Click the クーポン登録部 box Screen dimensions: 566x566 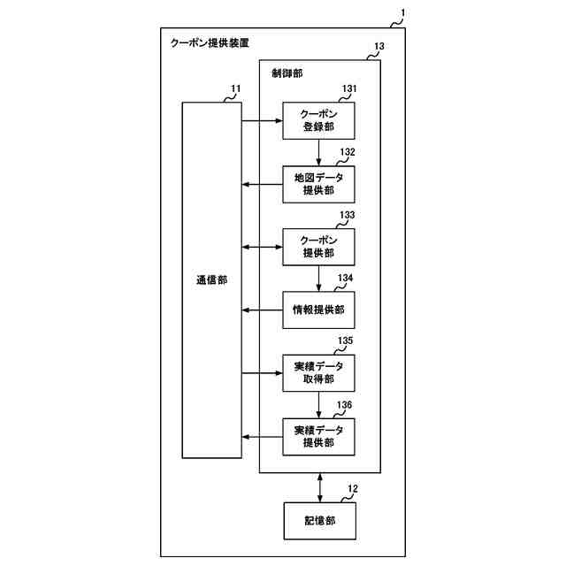(x=318, y=121)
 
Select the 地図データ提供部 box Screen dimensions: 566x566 (x=318, y=184)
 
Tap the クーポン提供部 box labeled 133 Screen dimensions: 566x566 (x=318, y=247)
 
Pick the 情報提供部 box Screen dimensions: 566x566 (x=318, y=310)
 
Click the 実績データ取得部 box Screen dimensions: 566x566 (x=318, y=373)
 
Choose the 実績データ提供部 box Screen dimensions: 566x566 (x=318, y=436)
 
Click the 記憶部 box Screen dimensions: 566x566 (x=318, y=521)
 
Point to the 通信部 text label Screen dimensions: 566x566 (x=211, y=280)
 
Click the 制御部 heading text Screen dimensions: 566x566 (x=287, y=73)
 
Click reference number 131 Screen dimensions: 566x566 (x=348, y=89)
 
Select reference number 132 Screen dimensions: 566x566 (x=348, y=152)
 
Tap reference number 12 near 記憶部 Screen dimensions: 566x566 (x=353, y=489)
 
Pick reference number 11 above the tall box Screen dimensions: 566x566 (x=235, y=89)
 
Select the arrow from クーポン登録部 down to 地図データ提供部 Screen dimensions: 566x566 (x=318, y=152)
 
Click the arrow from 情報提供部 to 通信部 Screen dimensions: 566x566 (x=263, y=310)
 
